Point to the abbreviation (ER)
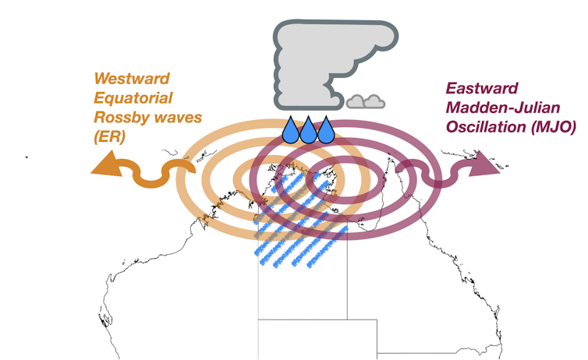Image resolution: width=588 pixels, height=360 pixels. (x=108, y=138)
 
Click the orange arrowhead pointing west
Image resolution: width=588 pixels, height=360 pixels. (x=103, y=166)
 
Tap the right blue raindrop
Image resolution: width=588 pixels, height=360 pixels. (x=326, y=132)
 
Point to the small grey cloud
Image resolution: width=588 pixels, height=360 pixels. (x=366, y=101)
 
